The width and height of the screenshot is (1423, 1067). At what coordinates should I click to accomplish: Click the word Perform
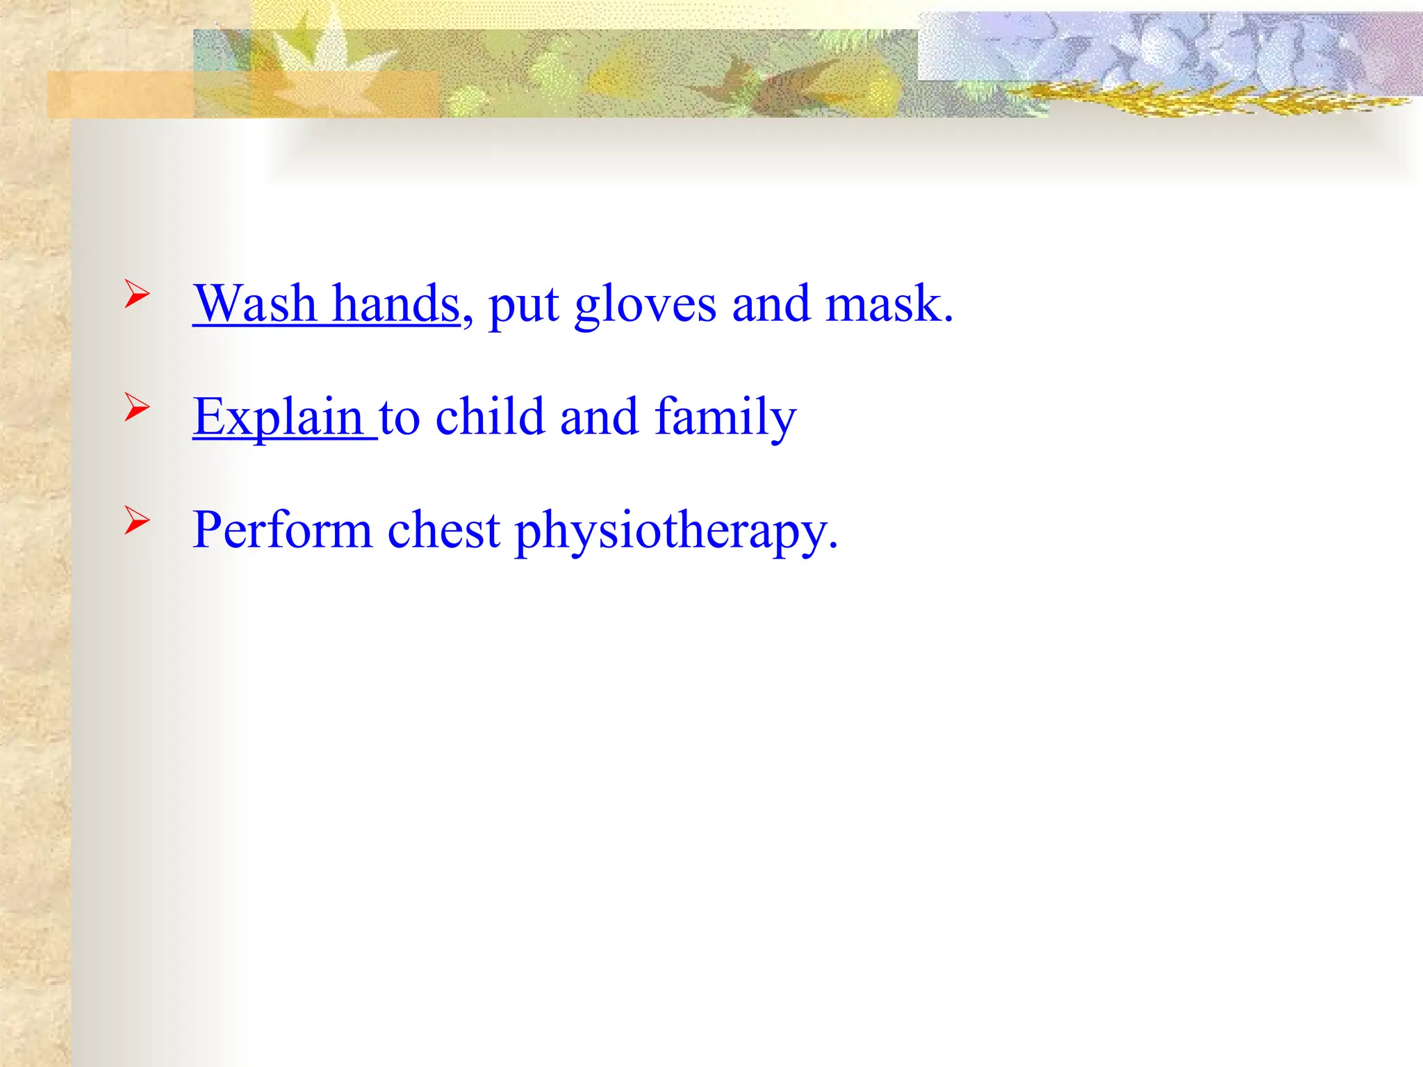click(282, 529)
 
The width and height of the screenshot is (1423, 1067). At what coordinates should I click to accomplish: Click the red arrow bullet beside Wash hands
click(137, 294)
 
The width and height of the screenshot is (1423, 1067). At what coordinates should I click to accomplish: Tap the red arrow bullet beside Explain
click(137, 406)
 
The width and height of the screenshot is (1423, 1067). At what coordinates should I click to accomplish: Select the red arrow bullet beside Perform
click(137, 520)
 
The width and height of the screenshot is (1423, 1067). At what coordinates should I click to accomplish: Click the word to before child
click(400, 417)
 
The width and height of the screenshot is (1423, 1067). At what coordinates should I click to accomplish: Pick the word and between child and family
click(599, 416)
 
